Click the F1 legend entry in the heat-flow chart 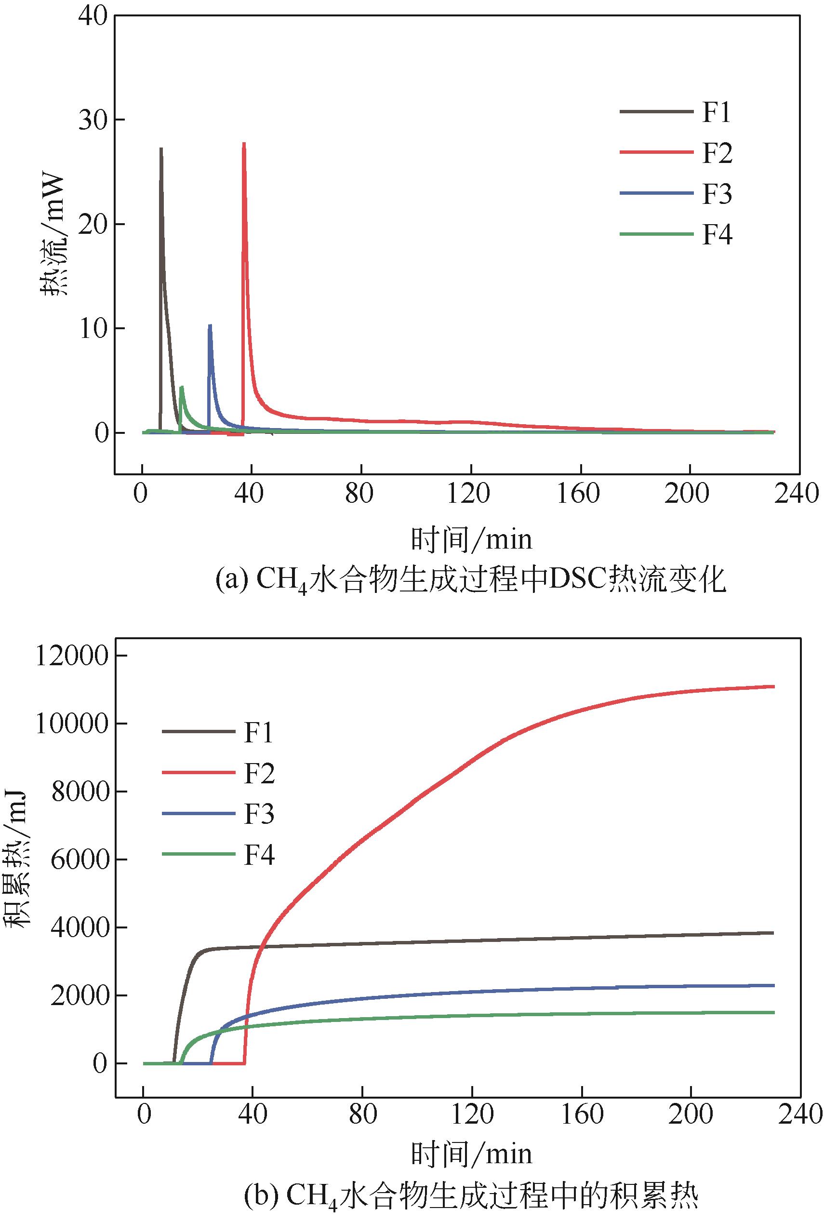tap(716, 112)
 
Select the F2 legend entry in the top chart tap(717, 153)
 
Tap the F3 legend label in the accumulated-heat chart tap(259, 814)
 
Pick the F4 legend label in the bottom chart tap(259, 855)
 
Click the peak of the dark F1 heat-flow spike tap(161, 149)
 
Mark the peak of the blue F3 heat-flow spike tap(210, 325)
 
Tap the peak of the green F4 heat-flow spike tap(181, 388)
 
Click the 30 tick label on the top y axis tap(93, 120)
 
